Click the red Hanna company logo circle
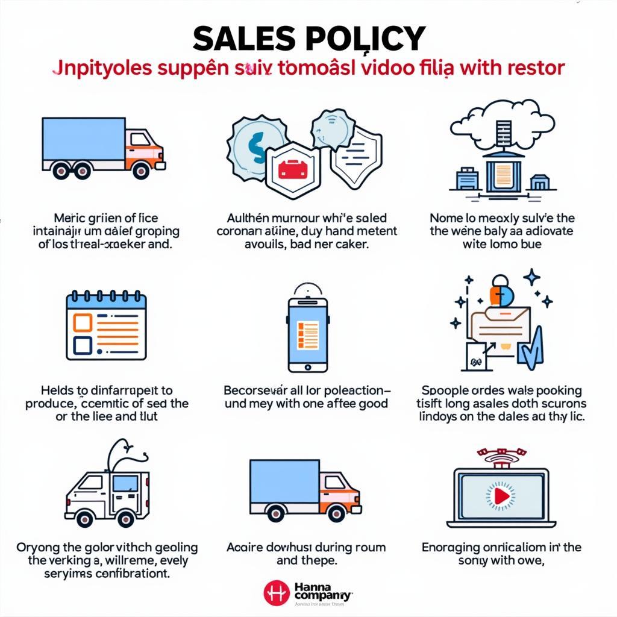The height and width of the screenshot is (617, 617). pyautogui.click(x=277, y=592)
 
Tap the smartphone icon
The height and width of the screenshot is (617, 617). pyautogui.click(x=308, y=331)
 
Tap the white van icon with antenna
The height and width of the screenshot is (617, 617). pyautogui.click(x=105, y=491)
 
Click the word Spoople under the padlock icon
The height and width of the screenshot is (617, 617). pyautogui.click(x=444, y=390)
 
